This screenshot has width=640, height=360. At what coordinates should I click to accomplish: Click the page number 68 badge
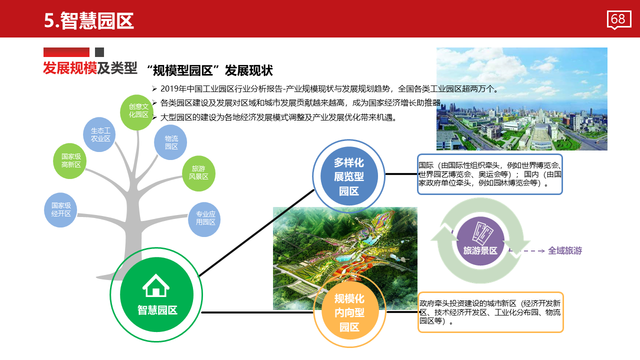619,20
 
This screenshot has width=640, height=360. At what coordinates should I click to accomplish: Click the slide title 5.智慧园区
89,21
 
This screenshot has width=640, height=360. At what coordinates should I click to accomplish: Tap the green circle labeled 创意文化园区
137,112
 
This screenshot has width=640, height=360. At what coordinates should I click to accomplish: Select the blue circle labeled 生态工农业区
99,134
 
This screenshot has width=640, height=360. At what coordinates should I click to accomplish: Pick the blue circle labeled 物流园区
170,142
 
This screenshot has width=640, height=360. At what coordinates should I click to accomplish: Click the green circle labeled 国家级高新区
70,161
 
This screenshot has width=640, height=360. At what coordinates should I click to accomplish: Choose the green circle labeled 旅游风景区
198,173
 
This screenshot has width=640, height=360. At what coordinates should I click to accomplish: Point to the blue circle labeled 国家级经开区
60,210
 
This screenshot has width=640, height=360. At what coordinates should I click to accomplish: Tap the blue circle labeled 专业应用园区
204,219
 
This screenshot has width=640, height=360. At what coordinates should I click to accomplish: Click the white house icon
155,285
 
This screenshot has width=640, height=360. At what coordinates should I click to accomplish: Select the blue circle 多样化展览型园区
349,176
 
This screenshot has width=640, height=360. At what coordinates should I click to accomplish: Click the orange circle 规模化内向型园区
350,312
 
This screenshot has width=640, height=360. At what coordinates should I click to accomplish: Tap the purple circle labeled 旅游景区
480,241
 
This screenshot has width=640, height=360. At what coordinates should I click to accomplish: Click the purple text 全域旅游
565,250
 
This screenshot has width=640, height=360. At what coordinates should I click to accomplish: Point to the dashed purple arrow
527,251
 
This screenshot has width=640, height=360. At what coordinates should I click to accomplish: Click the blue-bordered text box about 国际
490,174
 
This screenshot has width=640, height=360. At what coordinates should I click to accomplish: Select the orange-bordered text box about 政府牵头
490,312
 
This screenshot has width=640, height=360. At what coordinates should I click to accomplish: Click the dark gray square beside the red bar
99,52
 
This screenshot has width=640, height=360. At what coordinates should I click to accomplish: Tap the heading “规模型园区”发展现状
210,70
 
